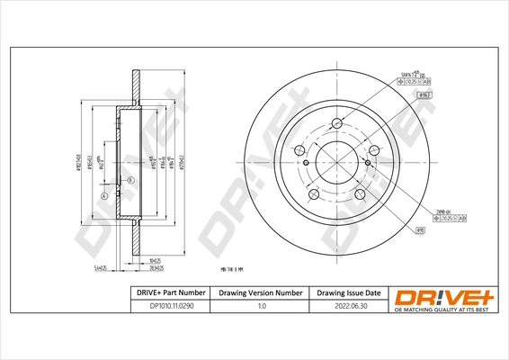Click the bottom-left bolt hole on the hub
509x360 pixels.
312,194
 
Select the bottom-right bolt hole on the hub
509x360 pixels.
360,194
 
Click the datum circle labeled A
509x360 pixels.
103,196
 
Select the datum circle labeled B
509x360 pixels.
129,181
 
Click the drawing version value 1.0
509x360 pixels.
261,307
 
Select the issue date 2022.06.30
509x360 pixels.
350,307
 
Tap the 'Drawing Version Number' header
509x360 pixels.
261,293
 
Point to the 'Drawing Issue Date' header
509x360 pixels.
350,293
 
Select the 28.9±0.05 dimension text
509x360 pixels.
163,267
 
